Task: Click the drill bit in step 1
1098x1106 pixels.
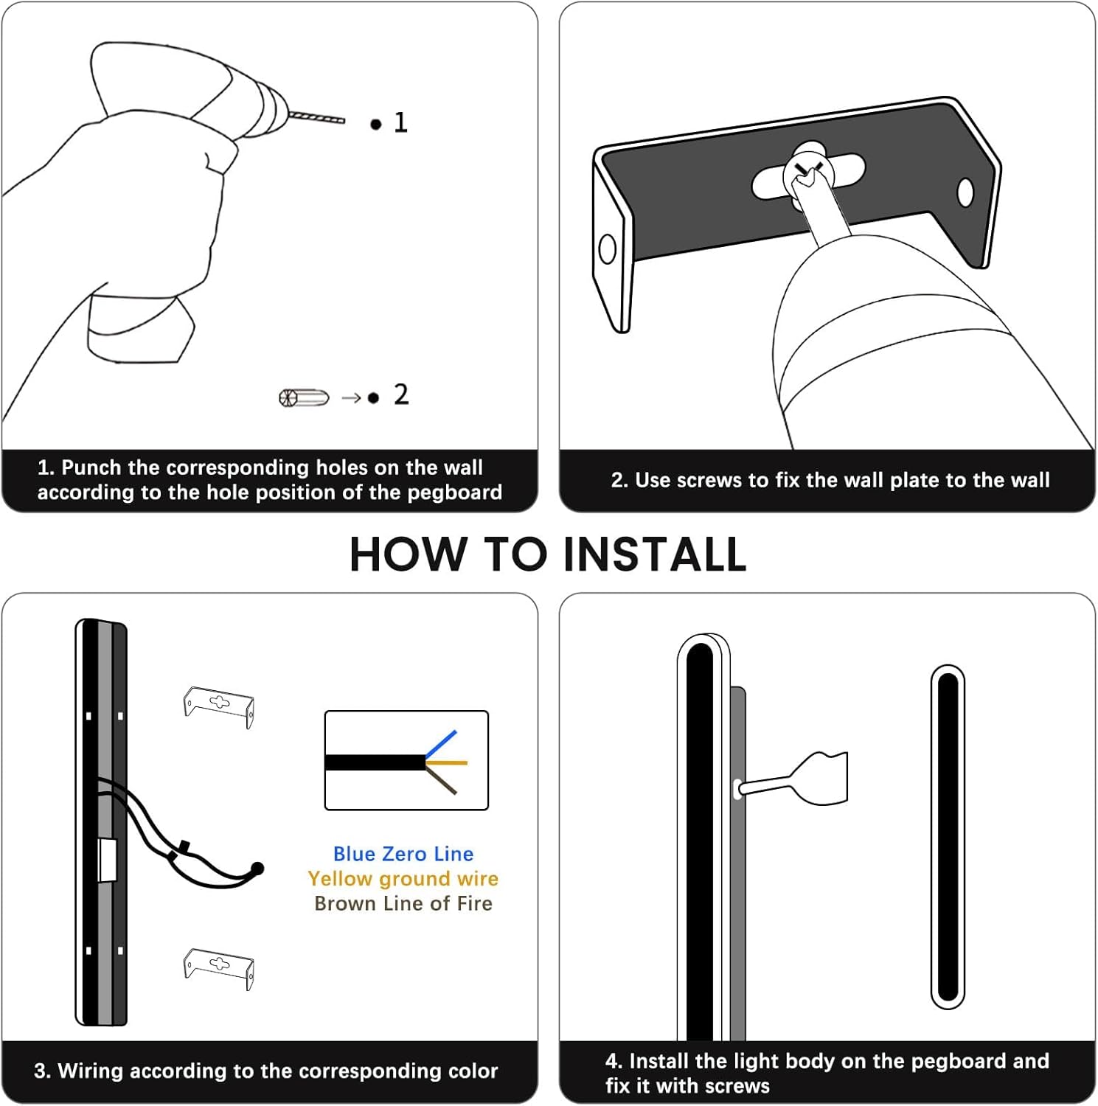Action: [x=316, y=117]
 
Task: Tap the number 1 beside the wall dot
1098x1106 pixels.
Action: [x=400, y=122]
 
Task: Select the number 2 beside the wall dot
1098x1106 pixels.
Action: [x=400, y=394]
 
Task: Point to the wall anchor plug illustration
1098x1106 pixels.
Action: [x=304, y=398]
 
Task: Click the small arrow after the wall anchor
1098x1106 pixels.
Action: [x=351, y=398]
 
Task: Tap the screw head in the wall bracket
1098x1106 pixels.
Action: [x=809, y=171]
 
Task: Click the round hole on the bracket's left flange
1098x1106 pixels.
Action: [x=608, y=249]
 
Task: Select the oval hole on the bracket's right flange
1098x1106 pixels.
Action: [x=965, y=193]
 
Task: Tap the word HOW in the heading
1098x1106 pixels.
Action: [x=409, y=554]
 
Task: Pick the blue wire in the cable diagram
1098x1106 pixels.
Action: [x=441, y=743]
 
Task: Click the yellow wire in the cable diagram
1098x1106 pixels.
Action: [x=447, y=762]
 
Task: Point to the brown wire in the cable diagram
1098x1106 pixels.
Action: [x=441, y=779]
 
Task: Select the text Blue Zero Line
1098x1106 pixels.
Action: [x=403, y=854]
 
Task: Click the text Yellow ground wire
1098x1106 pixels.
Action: [x=403, y=879]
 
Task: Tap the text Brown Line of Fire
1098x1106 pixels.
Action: [x=403, y=903]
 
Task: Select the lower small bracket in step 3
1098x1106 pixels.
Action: [x=218, y=968]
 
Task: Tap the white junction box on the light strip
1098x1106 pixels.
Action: [x=108, y=860]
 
